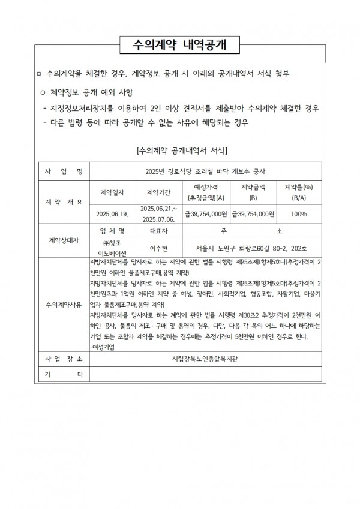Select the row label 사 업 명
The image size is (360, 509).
(x=64, y=171)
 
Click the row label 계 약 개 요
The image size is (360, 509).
(x=64, y=202)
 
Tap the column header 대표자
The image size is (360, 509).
(x=159, y=231)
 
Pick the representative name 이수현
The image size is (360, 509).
(x=159, y=247)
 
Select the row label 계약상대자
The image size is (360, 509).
(x=64, y=240)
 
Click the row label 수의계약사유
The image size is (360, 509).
(x=64, y=304)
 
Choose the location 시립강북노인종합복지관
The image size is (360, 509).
(x=205, y=359)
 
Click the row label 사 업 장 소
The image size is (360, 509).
(x=64, y=359)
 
